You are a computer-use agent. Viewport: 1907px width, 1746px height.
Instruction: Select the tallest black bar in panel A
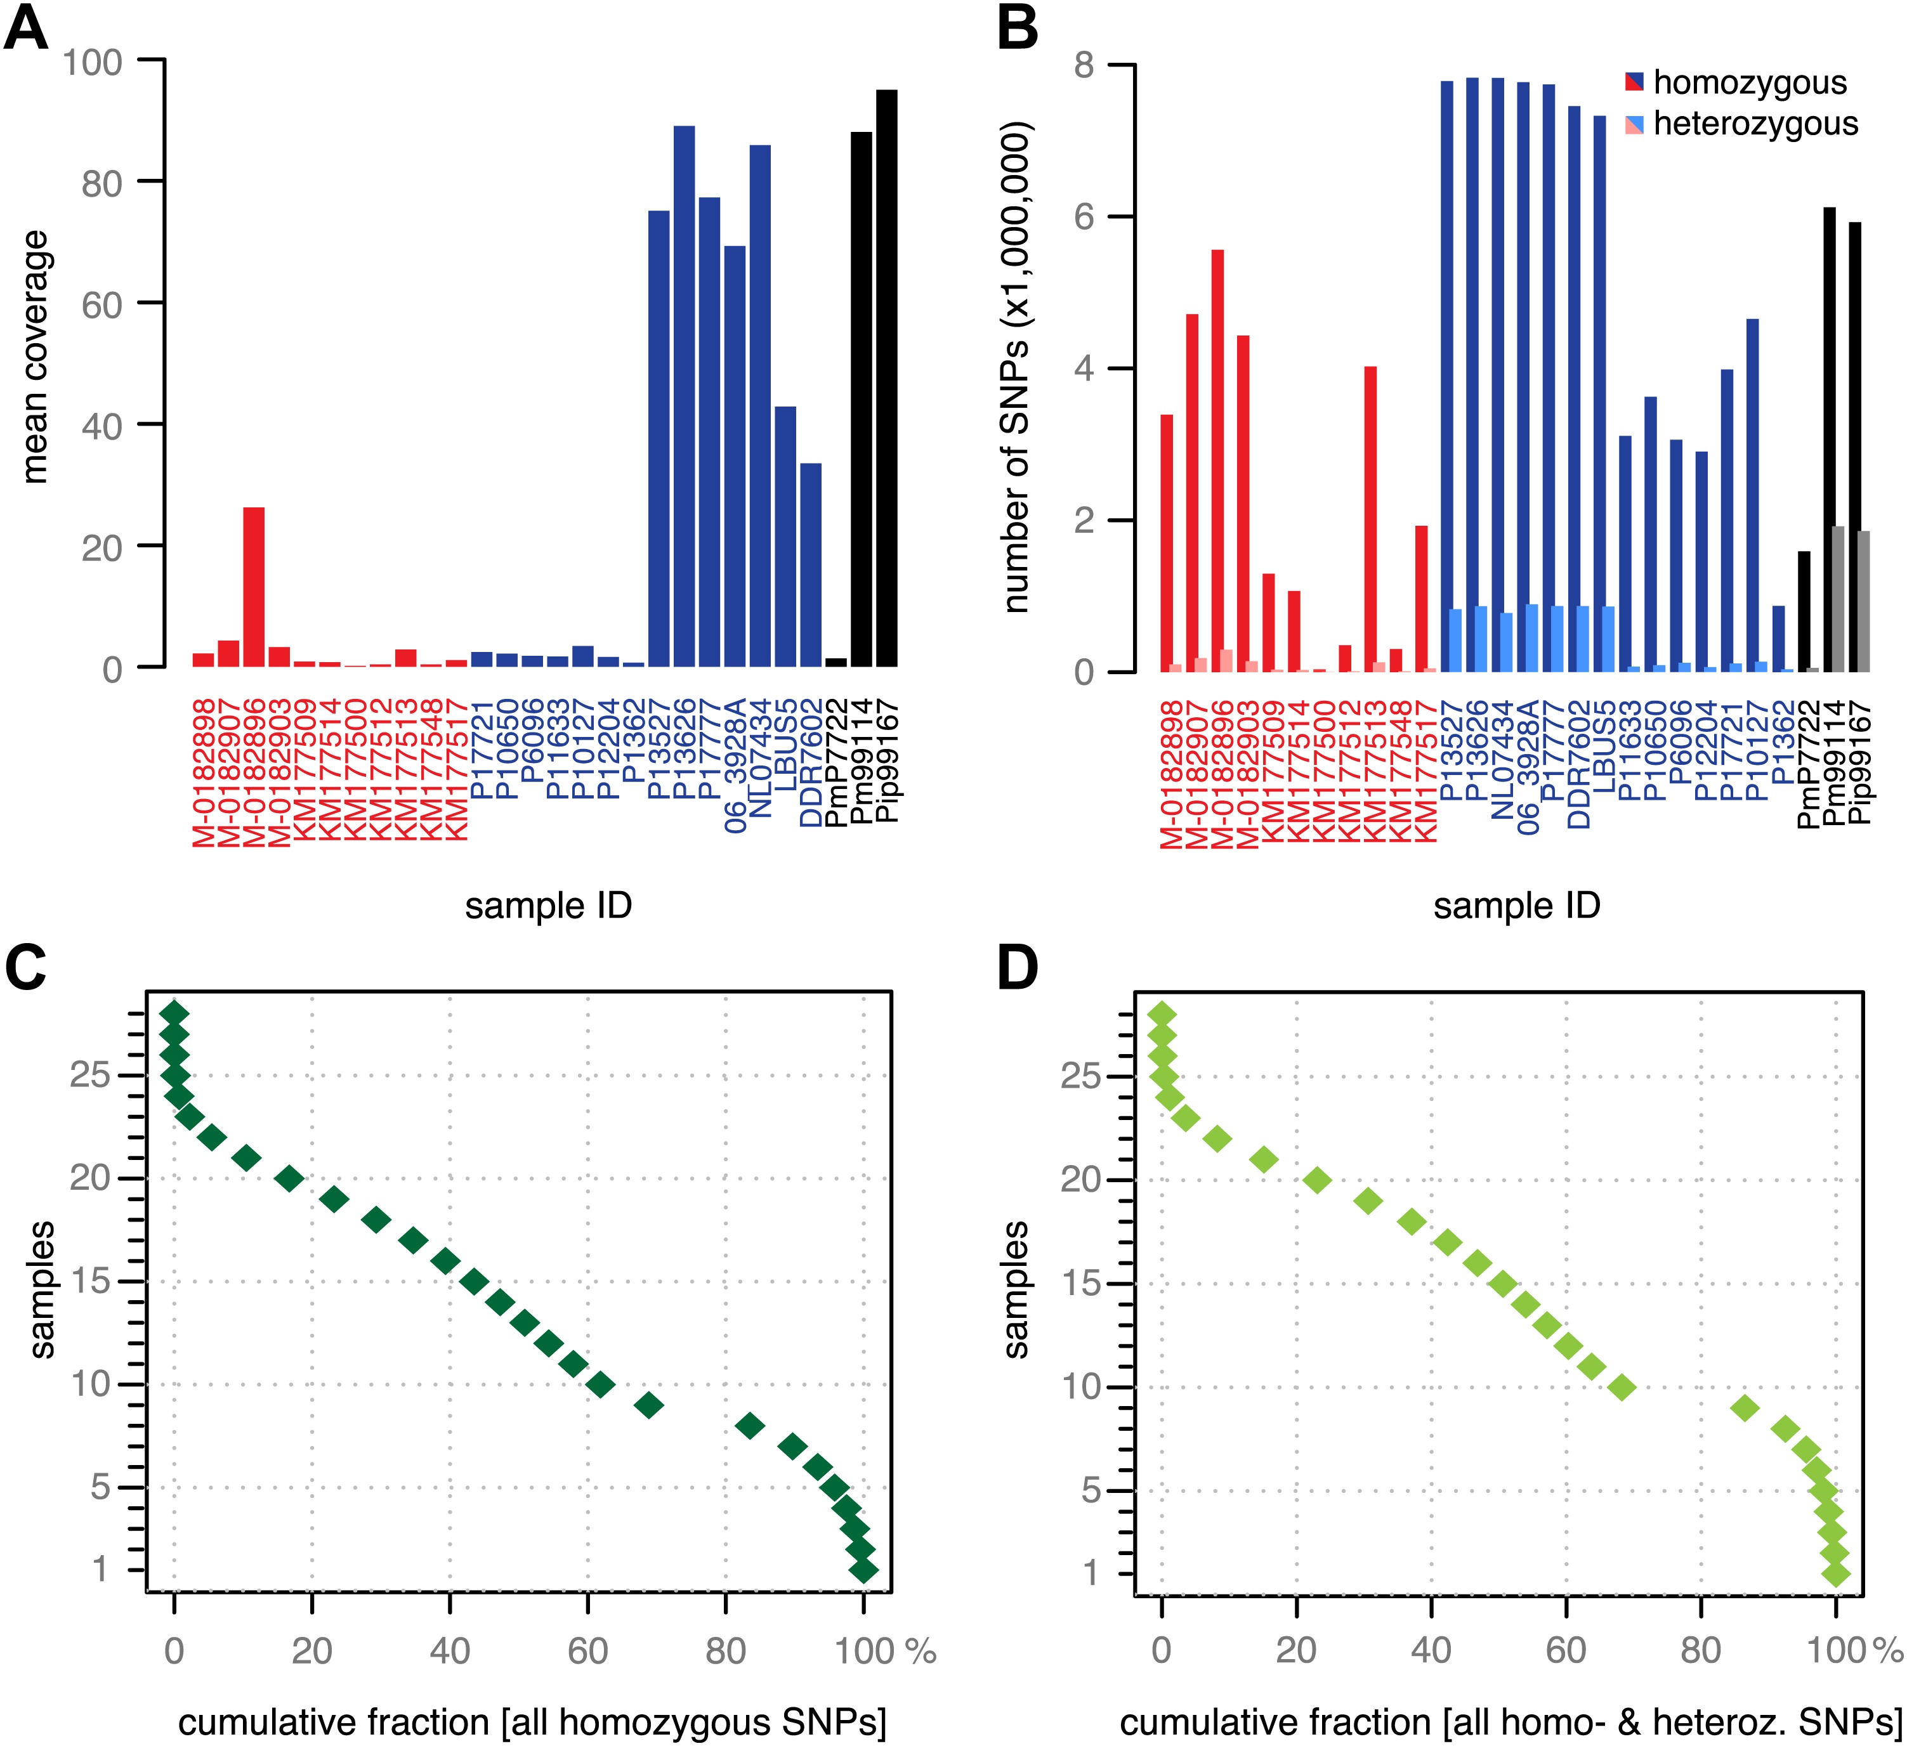pos(886,379)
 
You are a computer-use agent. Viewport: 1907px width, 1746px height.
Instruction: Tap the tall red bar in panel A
pos(254,587)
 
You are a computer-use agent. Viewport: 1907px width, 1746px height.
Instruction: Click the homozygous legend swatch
pos(1634,82)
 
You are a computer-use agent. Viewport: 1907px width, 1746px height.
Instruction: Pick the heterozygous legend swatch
pos(1634,124)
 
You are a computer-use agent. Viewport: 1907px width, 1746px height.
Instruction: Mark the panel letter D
pos(1018,968)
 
